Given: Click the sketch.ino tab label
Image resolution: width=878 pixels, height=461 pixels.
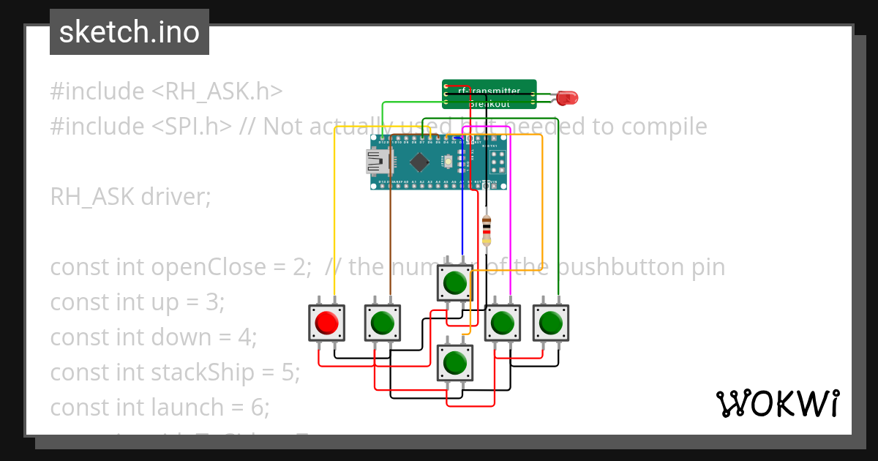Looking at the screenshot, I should click(130, 32).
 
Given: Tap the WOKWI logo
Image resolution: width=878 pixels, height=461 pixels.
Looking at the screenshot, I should click(777, 403).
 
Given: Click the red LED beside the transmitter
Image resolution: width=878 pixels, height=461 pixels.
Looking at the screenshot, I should click(566, 97).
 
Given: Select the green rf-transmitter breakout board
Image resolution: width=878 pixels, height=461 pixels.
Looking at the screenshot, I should click(489, 94).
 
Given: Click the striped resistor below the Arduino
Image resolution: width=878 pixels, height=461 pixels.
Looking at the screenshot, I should click(487, 230).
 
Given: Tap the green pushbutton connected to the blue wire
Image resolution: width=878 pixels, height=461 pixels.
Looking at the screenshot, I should click(455, 282).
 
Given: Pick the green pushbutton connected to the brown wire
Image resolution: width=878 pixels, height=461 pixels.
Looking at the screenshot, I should click(383, 323).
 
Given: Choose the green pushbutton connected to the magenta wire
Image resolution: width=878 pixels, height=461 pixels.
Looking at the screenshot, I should click(503, 323).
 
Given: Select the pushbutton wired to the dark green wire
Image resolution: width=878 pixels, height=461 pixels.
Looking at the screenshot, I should click(550, 323).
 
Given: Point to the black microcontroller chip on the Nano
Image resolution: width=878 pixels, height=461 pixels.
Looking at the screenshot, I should click(419, 162).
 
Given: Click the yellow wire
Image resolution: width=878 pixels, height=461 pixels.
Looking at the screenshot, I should click(335, 220).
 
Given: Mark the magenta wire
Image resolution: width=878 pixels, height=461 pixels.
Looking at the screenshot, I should click(510, 220).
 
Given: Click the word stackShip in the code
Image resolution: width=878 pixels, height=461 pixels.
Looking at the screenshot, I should click(212, 372).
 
